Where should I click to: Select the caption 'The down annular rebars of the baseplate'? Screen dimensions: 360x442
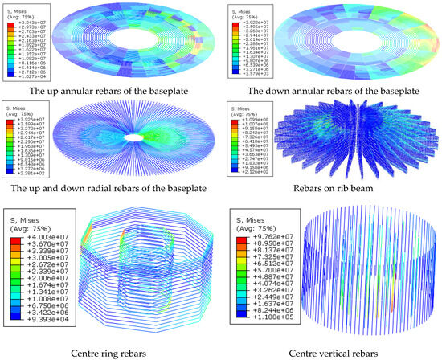tap(330, 89)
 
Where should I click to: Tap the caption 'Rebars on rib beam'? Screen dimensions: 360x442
tap(330, 188)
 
